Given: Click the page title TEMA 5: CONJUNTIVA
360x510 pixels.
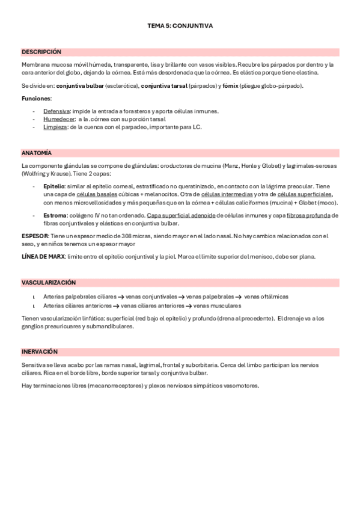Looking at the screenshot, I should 180,26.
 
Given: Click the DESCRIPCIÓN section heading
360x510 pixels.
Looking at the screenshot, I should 41,52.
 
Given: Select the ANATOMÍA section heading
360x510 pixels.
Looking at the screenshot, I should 36,153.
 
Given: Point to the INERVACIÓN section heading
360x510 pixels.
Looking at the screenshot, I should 39,352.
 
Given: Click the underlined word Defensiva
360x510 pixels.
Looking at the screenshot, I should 55,111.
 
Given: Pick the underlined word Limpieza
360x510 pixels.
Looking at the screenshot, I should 54,127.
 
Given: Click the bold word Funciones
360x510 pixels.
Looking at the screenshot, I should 36,98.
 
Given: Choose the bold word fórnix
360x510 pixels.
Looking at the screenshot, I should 230,86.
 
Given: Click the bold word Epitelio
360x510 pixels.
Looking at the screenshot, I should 54,186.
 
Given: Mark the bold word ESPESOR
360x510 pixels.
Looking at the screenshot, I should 35,236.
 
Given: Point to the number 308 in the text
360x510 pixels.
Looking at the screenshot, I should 137,236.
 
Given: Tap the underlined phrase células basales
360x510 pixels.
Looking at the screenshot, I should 96,194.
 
